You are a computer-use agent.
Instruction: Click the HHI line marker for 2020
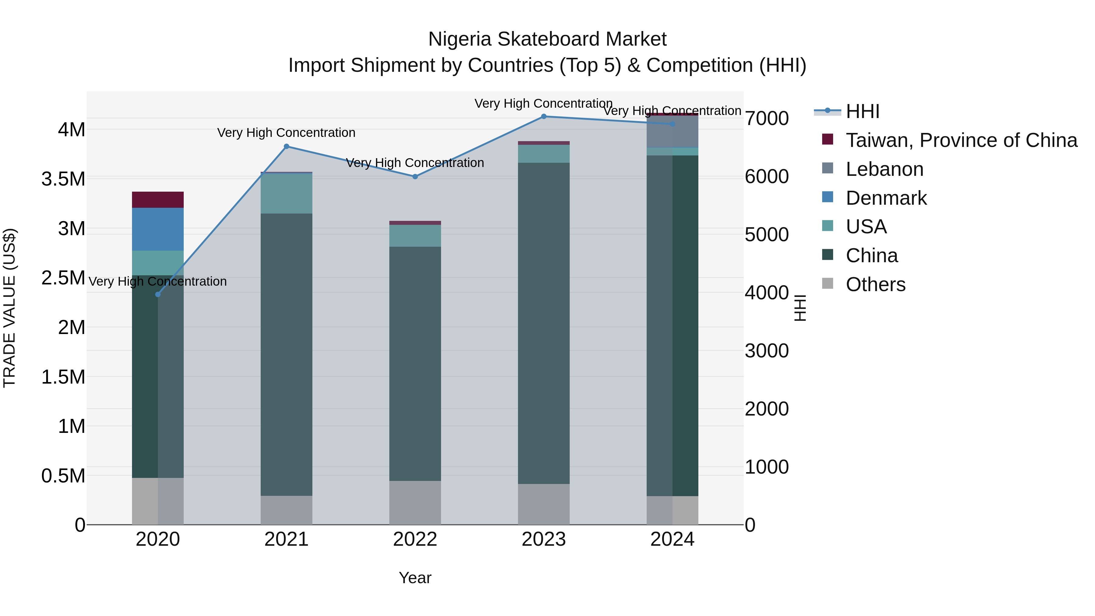[x=158, y=294]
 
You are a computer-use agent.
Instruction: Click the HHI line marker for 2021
[x=287, y=147]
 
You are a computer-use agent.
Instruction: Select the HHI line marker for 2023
[x=544, y=117]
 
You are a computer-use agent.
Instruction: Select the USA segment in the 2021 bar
[x=287, y=193]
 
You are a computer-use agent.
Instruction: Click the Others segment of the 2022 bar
[x=415, y=503]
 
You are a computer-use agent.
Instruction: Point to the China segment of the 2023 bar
[x=544, y=323]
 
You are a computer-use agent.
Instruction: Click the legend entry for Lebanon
[x=884, y=169]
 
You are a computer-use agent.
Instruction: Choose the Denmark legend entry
[x=886, y=198]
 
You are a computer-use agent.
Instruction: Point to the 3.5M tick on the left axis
[x=63, y=179]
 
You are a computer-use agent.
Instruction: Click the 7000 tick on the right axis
[x=767, y=118]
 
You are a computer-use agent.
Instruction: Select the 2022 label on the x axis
[x=415, y=539]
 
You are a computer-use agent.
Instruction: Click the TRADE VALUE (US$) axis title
[x=9, y=308]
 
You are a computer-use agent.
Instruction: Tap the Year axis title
[x=415, y=578]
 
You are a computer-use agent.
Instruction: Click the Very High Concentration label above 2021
[x=286, y=133]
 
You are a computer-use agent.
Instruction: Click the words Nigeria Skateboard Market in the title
[x=547, y=39]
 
